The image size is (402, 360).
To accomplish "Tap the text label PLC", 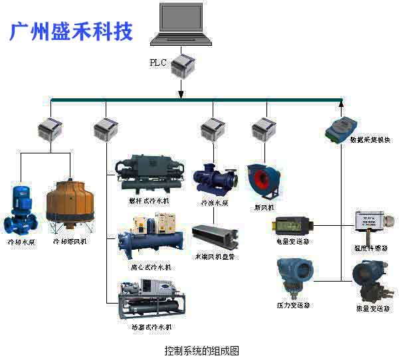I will [158, 64].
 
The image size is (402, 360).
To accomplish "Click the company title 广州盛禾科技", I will [71, 30].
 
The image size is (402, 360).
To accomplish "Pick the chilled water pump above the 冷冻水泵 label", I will [214, 179].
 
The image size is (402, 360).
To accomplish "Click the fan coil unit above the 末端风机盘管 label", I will [214, 235].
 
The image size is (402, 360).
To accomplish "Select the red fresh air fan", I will [264, 180].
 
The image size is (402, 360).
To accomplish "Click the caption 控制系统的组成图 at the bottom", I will [201, 349].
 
